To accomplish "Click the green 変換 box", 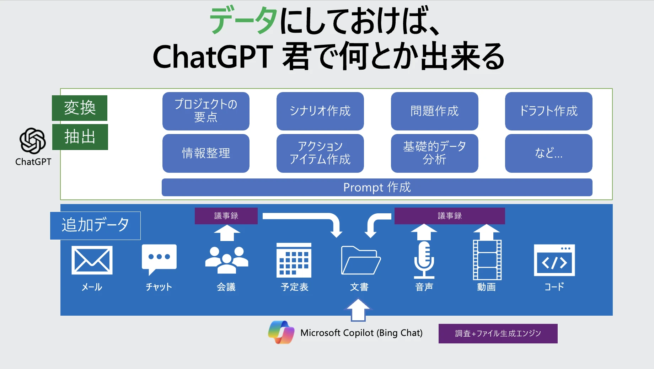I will tap(80, 108).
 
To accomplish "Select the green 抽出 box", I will tap(80, 137).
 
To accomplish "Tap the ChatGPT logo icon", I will tap(33, 141).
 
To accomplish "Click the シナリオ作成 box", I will tap(320, 111).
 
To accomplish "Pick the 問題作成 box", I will tap(434, 111).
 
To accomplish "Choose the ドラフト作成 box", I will tap(548, 111).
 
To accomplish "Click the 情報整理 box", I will tap(206, 153).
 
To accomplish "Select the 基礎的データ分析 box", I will tap(434, 153).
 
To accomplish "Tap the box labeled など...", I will tap(548, 153).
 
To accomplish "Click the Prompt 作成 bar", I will tap(377, 187).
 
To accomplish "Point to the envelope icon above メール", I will tap(92, 260).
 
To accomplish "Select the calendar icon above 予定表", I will tap(294, 260).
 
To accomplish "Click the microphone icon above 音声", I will tap(424, 260).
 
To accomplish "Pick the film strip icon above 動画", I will tap(487, 260).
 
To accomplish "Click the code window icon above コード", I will tap(554, 260).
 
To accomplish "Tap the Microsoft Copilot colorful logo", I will tap(281, 332).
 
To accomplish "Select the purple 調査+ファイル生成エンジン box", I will tap(498, 333).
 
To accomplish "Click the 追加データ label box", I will tap(95, 225).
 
